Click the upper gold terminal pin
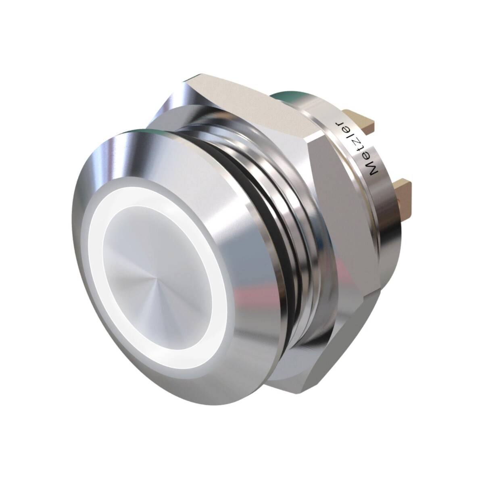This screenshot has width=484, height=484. pyautogui.click(x=360, y=120)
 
